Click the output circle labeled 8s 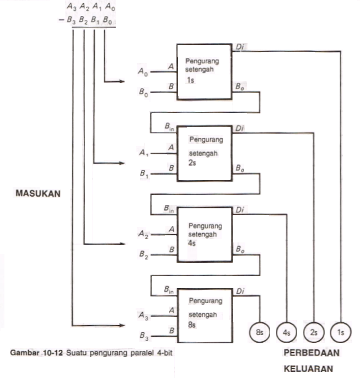(x=259, y=332)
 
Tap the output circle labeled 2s (x=314, y=332)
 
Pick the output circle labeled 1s (x=341, y=332)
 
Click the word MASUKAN (x=38, y=193)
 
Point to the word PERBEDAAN (x=311, y=353)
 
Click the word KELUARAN (x=308, y=369)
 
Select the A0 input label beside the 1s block (x=143, y=72)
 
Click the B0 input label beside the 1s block (x=143, y=93)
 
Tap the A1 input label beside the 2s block (x=144, y=153)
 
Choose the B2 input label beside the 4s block (x=143, y=255)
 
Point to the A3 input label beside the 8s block (x=143, y=316)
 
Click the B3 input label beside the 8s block (x=144, y=336)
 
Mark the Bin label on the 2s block (x=169, y=126)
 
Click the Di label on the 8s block (x=240, y=291)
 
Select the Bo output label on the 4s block (x=240, y=249)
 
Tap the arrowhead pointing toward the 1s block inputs (x=121, y=82)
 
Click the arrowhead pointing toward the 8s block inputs (x=121, y=326)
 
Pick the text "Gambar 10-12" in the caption (x=36, y=353)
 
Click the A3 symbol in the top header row (x=72, y=7)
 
